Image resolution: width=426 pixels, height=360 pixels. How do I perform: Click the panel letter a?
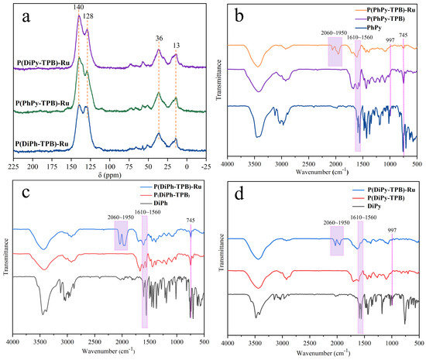(26, 18)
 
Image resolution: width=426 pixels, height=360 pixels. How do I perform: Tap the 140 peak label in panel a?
(78, 7)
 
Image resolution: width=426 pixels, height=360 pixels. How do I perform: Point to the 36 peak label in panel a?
(160, 38)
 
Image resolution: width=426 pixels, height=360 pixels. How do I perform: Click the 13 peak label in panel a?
(177, 46)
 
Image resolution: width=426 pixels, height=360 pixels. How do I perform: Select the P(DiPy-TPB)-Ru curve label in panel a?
(43, 63)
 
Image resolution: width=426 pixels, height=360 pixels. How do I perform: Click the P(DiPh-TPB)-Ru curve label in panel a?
(42, 144)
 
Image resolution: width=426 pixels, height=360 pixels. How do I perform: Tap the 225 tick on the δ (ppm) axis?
(13, 166)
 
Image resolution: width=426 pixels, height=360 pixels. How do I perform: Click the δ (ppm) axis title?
(110, 175)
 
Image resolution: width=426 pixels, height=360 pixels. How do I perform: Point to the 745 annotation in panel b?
(404, 36)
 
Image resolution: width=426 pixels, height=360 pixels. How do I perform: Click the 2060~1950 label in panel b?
(334, 33)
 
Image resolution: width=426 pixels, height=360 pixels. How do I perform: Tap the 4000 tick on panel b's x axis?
(228, 164)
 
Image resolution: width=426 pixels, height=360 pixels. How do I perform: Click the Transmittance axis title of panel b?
(219, 80)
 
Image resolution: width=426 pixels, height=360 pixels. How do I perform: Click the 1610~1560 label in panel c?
(148, 212)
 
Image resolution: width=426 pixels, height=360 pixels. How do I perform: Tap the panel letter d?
(239, 195)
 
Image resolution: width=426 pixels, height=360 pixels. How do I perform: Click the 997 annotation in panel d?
(392, 230)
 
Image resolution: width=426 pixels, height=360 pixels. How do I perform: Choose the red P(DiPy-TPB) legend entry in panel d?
(386, 198)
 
